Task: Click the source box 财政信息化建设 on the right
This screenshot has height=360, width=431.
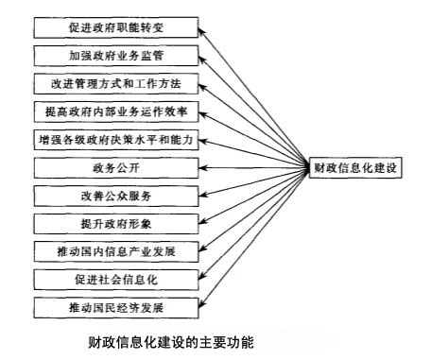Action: tap(357, 168)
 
